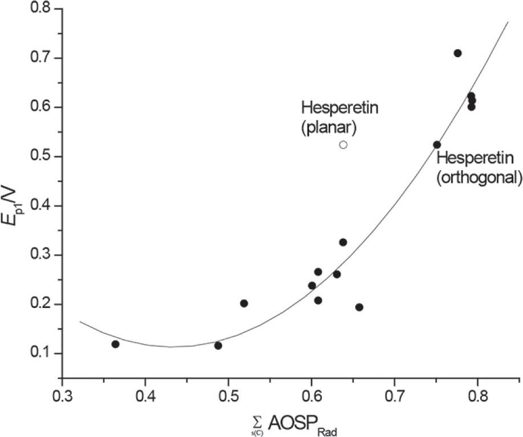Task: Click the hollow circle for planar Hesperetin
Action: (x=343, y=145)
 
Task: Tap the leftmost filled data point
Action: (x=115, y=344)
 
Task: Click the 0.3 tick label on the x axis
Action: (x=62, y=395)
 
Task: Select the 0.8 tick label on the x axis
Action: (x=477, y=395)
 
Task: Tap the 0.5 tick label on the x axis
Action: (x=228, y=395)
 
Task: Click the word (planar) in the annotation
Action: (x=329, y=127)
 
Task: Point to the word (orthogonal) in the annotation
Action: (x=479, y=178)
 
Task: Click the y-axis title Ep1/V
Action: (x=15, y=190)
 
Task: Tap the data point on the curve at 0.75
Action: (x=437, y=145)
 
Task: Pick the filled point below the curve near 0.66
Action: (x=359, y=307)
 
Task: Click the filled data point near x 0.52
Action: (x=244, y=303)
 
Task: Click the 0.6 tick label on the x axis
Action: (x=311, y=395)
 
